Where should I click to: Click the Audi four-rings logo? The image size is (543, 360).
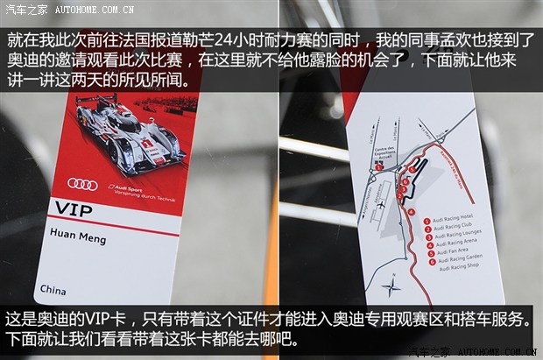(83, 183)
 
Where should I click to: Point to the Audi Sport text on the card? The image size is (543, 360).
(125, 187)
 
